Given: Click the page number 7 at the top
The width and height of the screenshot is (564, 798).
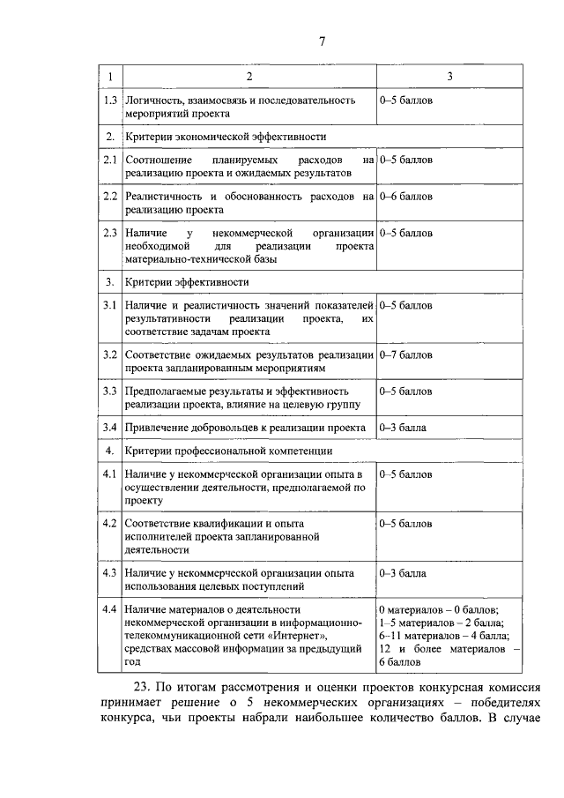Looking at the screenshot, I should coord(323,41).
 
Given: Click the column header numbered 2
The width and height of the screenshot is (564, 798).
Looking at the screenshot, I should coord(249,78).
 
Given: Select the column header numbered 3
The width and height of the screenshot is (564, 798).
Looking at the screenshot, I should coord(449,78).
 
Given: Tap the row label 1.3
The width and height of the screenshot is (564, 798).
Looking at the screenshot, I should coord(109,101).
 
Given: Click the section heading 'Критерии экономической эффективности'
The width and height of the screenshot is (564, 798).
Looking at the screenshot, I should coord(226,137).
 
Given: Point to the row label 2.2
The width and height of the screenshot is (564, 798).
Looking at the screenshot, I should coord(109,196).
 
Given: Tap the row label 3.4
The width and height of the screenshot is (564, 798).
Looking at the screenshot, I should coord(109,427).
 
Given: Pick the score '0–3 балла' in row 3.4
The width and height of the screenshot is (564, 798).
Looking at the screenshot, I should coord(403,427).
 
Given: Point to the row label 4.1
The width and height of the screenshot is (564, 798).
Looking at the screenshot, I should coord(109,474).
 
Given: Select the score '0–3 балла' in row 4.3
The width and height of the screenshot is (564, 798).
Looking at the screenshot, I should coord(403,572).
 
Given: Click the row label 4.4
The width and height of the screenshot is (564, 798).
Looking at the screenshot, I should coord(109,608).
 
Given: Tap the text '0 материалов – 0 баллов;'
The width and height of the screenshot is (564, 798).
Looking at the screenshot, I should coord(439,609).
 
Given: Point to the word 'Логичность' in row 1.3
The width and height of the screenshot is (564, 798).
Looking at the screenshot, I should coord(155,101).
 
